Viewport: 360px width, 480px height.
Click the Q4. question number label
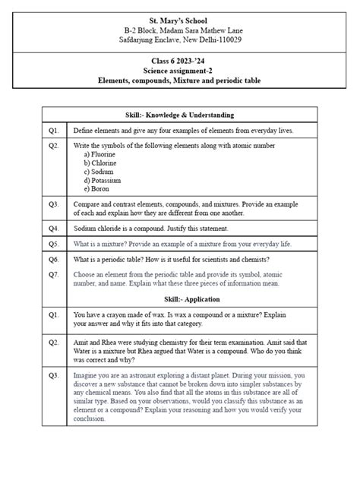(x=54, y=228)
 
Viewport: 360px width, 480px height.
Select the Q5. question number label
(x=54, y=244)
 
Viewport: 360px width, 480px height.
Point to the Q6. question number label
(x=54, y=259)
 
